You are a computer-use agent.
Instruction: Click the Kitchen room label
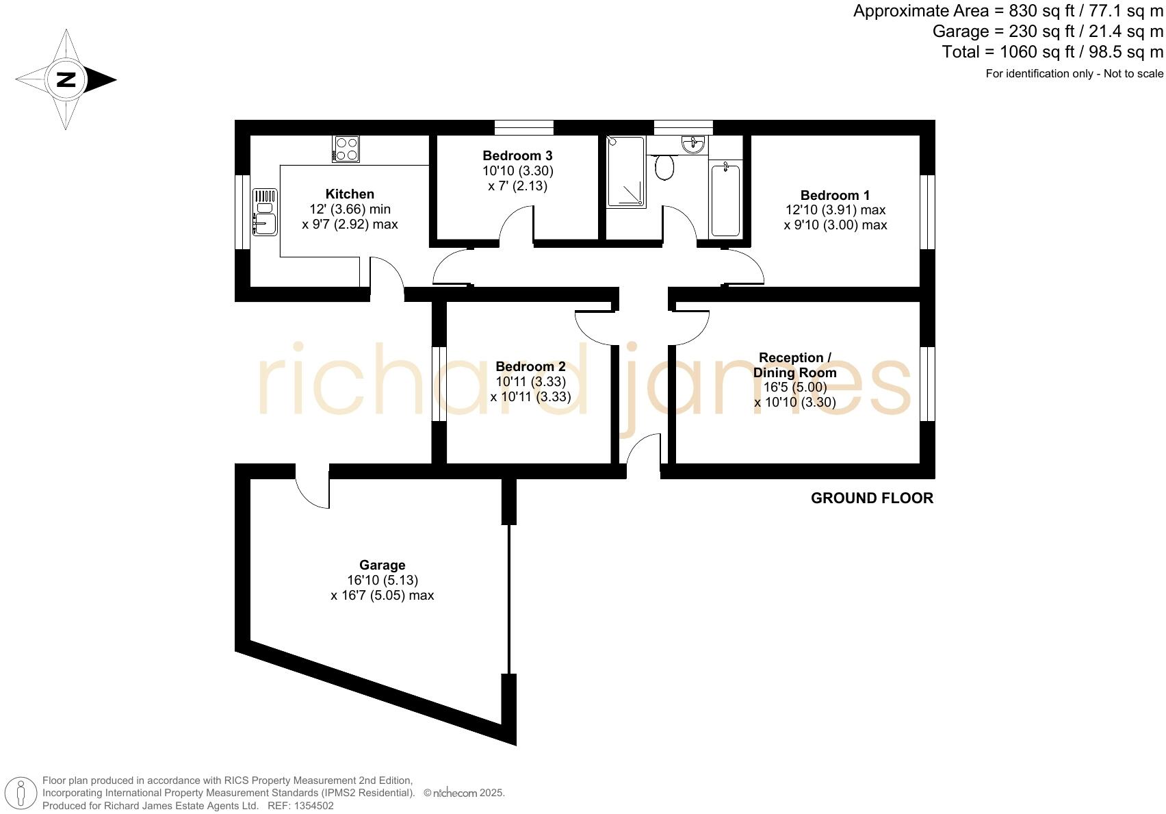point(350,194)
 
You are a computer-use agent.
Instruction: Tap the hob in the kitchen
point(346,149)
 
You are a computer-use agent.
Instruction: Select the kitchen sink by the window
point(264,212)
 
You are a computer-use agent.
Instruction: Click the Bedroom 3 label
point(517,156)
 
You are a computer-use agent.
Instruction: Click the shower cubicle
point(625,171)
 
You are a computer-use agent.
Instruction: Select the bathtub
point(725,199)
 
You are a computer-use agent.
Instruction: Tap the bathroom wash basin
point(693,144)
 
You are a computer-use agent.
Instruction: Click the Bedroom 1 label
point(835,196)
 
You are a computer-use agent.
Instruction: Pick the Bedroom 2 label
point(530,367)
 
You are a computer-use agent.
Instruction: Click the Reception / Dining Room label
point(794,365)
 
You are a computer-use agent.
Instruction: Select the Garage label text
point(382,565)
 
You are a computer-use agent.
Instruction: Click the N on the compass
point(66,79)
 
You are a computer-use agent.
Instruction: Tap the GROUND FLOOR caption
point(872,498)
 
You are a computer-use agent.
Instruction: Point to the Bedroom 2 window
point(439,383)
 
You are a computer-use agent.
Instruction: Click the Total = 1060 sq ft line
point(1052,52)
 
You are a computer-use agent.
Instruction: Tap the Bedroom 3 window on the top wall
point(523,127)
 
